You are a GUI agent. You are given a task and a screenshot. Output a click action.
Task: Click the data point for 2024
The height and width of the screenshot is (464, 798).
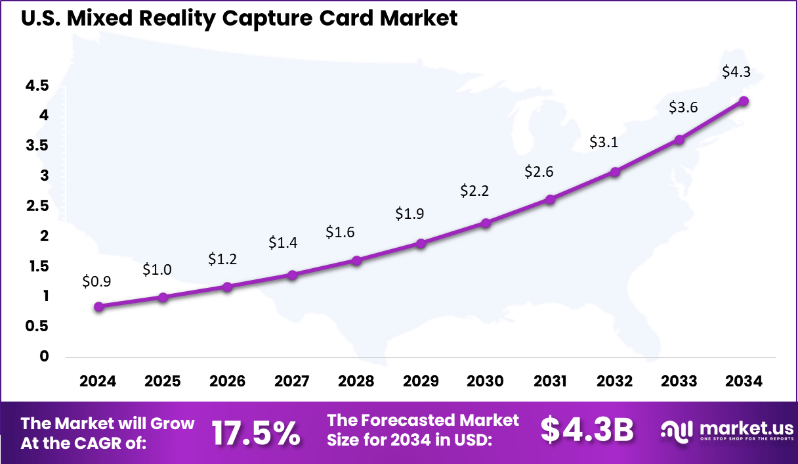point(98,306)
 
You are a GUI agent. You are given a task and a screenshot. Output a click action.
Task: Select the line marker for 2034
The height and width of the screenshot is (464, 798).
point(744,101)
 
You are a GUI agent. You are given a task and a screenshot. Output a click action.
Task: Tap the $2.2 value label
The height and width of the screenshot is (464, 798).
point(474,191)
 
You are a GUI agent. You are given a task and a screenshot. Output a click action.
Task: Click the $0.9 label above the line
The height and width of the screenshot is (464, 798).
point(96,281)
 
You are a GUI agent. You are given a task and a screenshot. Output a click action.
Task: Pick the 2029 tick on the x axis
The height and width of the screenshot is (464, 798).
point(421,382)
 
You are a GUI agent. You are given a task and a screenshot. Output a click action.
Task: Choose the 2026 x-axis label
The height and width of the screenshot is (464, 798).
point(227,382)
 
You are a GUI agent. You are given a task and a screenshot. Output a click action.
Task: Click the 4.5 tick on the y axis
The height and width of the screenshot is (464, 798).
point(37,85)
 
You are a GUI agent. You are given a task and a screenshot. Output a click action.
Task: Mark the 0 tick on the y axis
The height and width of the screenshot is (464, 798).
point(44,356)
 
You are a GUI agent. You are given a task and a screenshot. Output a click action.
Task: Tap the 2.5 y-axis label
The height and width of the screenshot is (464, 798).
point(37,206)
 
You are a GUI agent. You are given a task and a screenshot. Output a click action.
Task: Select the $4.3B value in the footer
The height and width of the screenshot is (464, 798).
point(587,430)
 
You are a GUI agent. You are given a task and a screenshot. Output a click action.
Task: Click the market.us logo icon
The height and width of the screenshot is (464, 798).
point(677,431)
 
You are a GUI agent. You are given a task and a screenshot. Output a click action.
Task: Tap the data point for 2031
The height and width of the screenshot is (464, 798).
point(550,199)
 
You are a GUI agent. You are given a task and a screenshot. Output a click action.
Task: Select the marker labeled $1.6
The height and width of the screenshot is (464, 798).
point(356,260)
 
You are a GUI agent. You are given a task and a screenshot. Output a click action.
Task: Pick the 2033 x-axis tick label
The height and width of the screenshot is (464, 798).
point(679,382)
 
